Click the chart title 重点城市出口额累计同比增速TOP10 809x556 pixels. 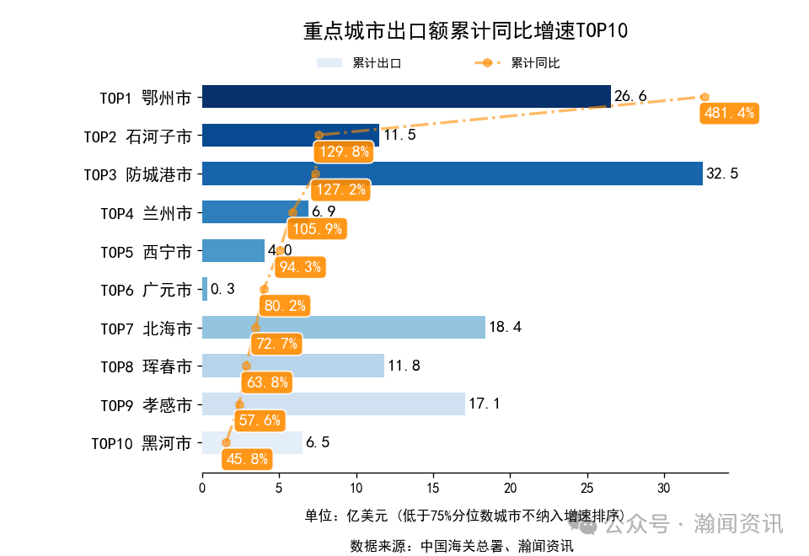(x=465, y=32)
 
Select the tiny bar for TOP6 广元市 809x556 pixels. (x=205, y=289)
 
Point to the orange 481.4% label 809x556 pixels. (x=729, y=113)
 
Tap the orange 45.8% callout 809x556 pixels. (x=247, y=459)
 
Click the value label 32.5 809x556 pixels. (x=722, y=174)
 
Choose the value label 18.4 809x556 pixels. (x=505, y=328)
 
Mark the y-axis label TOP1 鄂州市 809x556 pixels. (x=145, y=98)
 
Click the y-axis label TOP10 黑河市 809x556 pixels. (x=141, y=443)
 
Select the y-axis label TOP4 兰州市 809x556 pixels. (x=145, y=213)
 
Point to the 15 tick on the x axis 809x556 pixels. (x=433, y=488)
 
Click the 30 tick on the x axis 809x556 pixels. (x=664, y=488)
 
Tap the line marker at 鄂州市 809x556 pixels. (x=705, y=97)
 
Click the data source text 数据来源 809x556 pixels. (x=462, y=546)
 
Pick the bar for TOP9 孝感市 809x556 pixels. (x=333, y=404)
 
